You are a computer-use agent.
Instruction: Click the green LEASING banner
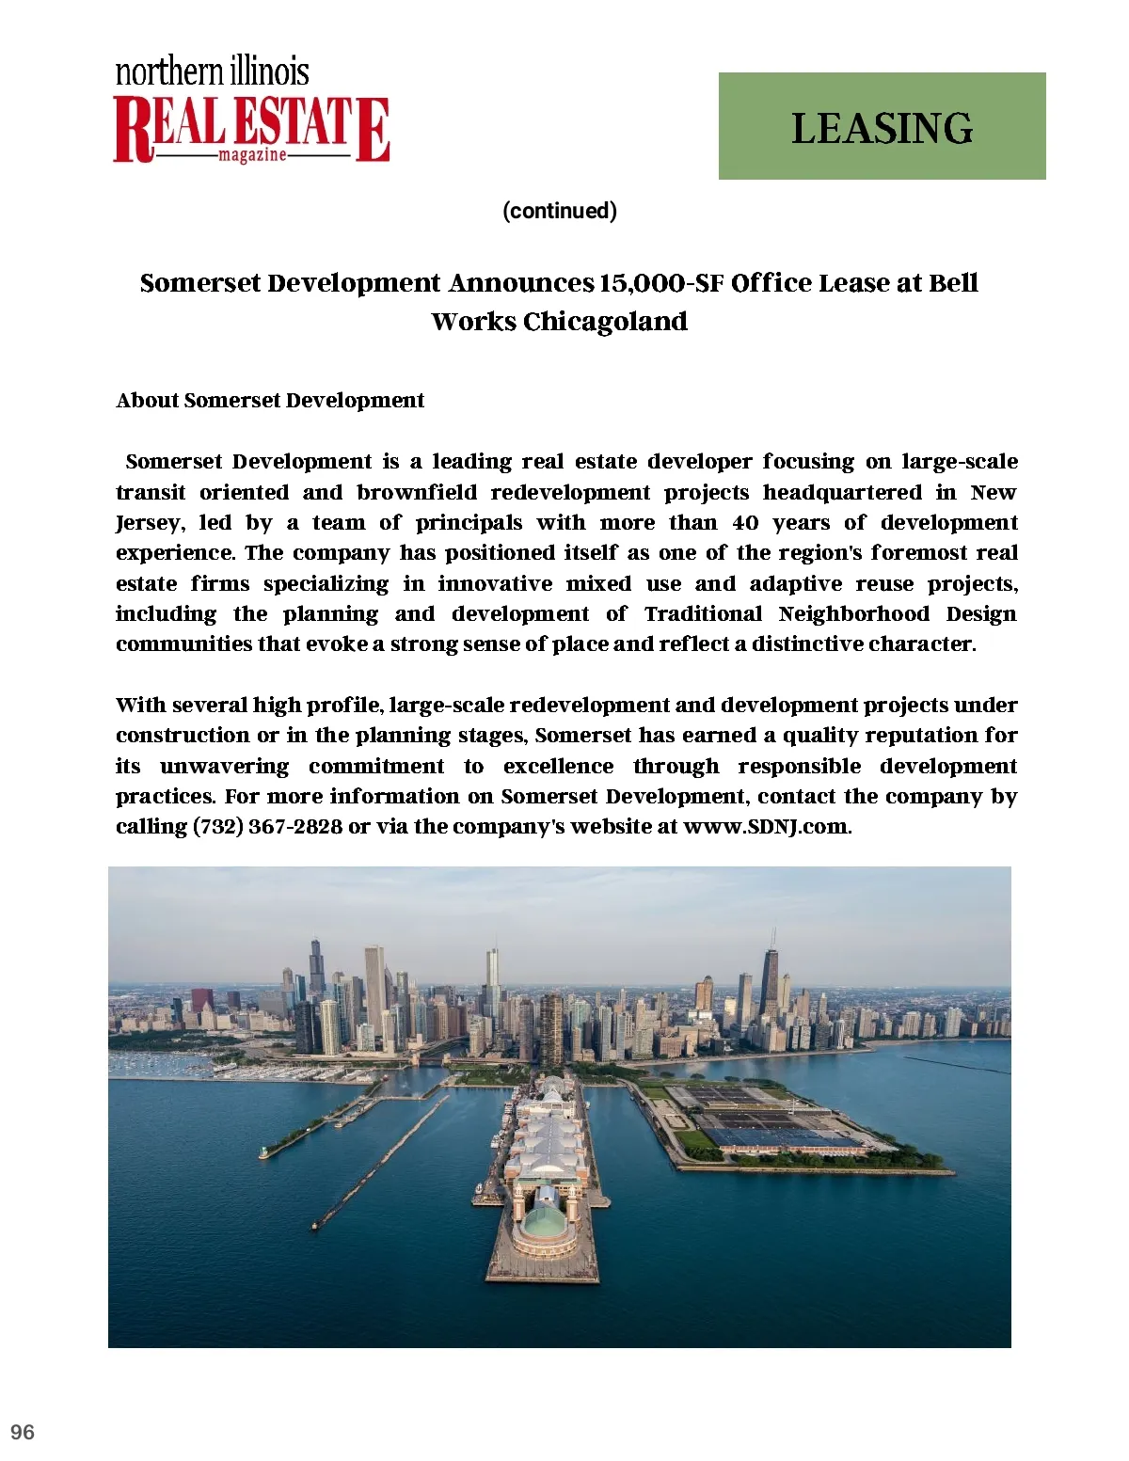882,126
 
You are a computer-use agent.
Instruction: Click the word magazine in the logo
252,154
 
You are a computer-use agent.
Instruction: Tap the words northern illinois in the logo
212,71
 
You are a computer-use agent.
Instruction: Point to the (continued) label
560,211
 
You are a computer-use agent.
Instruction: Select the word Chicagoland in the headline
605,322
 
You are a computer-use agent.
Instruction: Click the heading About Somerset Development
270,401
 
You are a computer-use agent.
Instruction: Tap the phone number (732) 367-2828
267,827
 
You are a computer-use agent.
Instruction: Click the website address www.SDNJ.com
766,827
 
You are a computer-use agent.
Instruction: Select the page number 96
23,1432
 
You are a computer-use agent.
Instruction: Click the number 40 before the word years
745,523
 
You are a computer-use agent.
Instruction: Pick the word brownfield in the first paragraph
417,493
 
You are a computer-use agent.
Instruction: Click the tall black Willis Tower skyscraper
316,964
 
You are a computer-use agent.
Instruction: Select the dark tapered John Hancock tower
769,983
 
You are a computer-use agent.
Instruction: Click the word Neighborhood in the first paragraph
854,614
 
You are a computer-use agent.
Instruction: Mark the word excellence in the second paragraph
558,767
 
